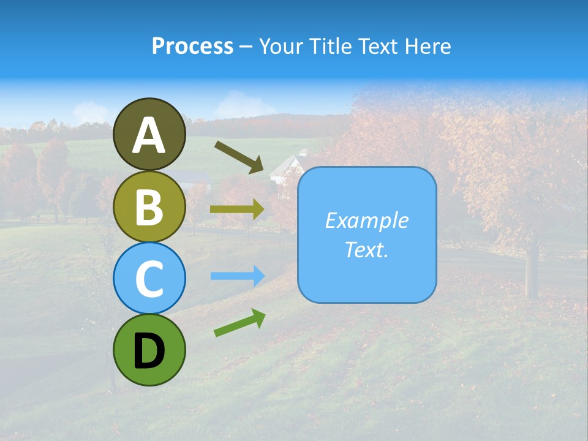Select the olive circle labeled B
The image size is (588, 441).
click(x=149, y=206)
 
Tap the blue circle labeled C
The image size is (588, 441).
click(x=149, y=279)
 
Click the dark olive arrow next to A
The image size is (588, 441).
click(x=238, y=157)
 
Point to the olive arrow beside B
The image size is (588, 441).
click(x=237, y=209)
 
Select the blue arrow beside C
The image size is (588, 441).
click(x=237, y=276)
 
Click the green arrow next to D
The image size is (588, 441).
click(x=239, y=323)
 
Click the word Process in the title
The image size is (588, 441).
click(x=192, y=46)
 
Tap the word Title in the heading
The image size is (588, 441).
click(x=330, y=46)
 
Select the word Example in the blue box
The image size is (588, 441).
click(x=366, y=221)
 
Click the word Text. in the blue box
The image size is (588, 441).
click(x=366, y=249)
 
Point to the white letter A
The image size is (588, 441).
click(x=149, y=135)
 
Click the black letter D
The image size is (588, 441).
click(x=149, y=352)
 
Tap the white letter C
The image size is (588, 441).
click(x=149, y=279)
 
